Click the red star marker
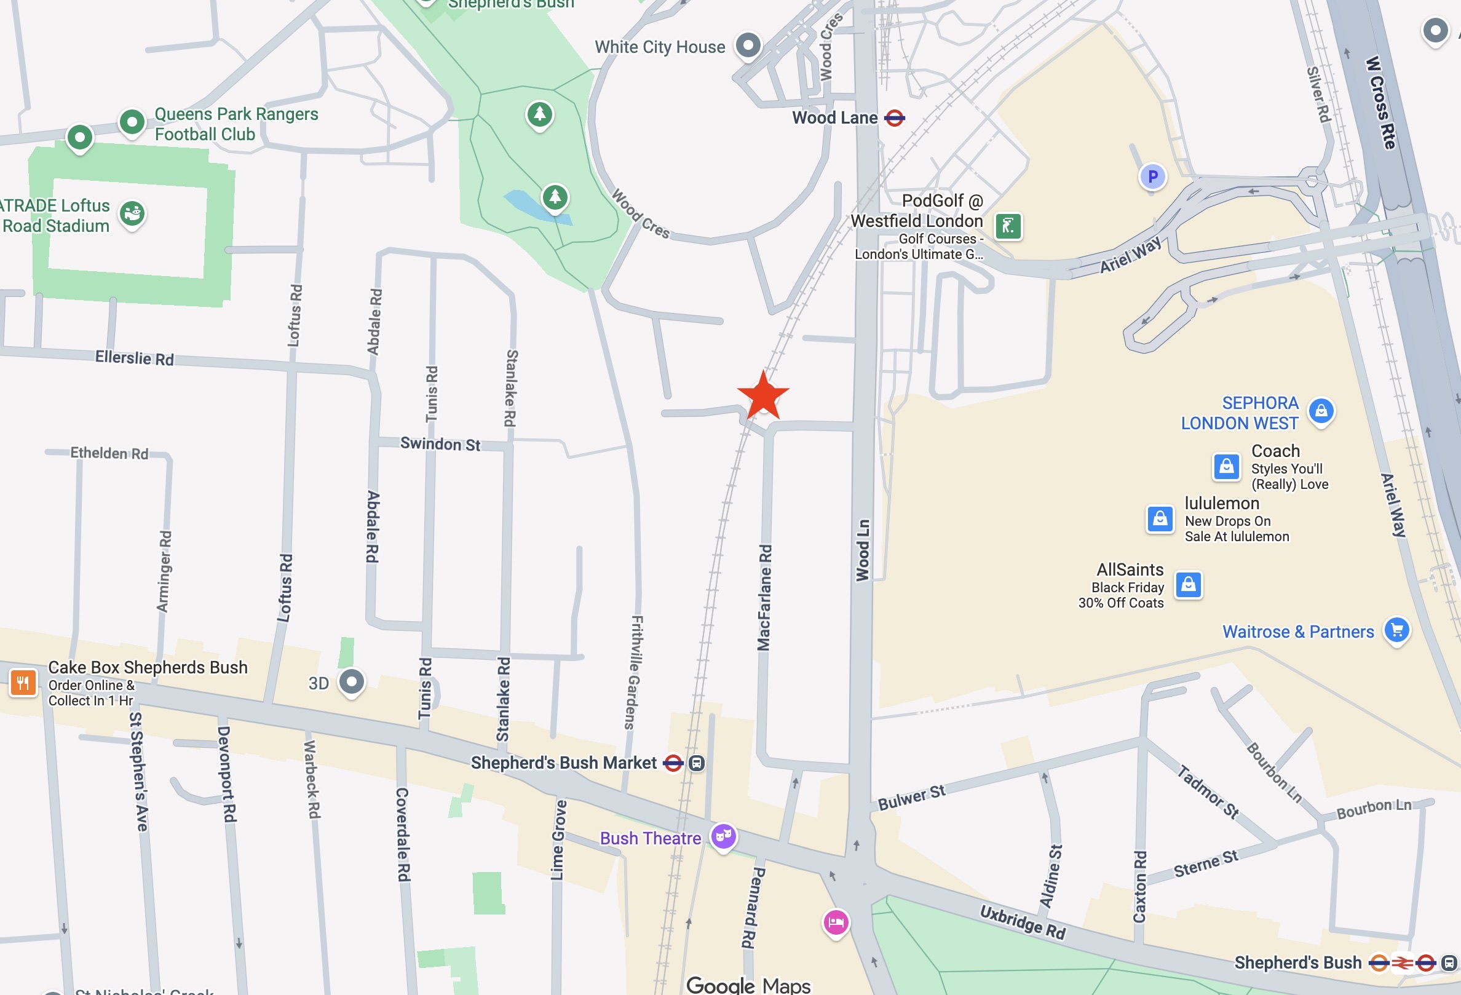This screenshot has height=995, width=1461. coord(762,395)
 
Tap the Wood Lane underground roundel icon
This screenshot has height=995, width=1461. coord(894,117)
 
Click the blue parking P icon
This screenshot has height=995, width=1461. coord(1152,176)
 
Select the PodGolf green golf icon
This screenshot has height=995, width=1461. coord(1008,226)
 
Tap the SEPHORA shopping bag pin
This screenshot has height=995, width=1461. coord(1321,411)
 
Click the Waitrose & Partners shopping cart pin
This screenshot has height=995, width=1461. coord(1397,630)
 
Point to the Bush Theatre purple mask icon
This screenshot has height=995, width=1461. coord(723,836)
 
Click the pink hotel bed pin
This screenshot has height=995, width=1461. coord(836,922)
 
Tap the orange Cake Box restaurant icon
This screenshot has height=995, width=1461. coord(23,682)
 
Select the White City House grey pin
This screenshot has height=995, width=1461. coord(748,45)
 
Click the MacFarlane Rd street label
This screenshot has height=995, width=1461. coord(764,597)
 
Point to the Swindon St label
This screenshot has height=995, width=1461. coord(440,444)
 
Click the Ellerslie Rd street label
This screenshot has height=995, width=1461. coord(134,358)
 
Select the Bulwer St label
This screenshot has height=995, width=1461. coord(911,798)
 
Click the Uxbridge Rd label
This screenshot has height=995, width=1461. coord(1022,921)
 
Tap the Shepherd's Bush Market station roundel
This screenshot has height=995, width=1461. coord(673,763)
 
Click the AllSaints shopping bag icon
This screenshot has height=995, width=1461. coord(1188,585)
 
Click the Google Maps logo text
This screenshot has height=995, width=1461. coord(748,985)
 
